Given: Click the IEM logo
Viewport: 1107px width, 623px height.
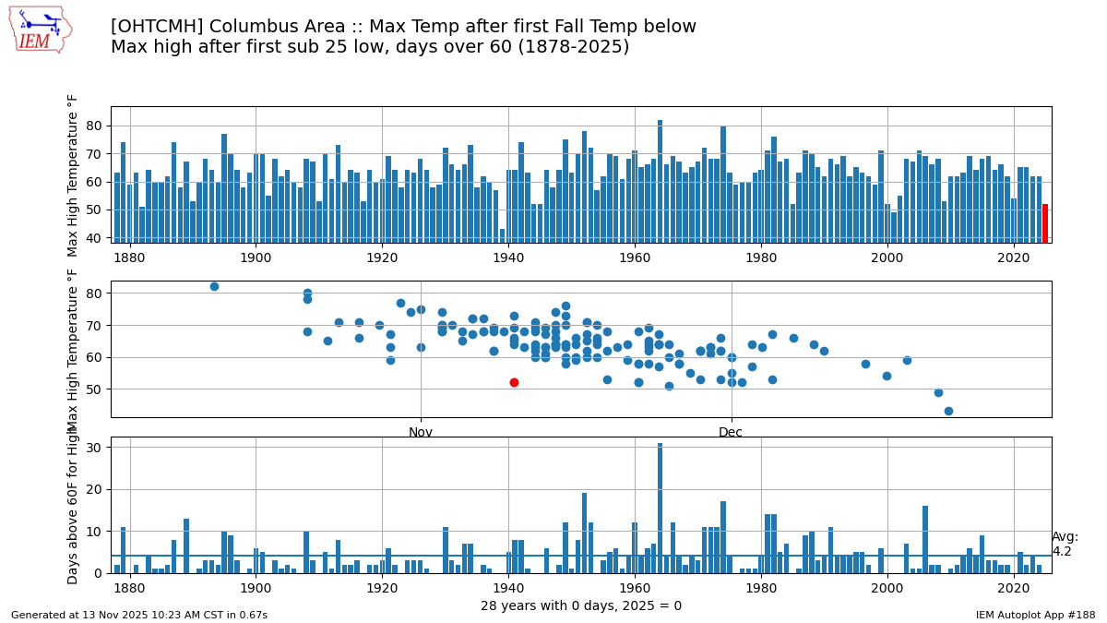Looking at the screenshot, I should coord(40,30).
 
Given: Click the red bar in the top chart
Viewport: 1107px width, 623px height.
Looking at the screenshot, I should coord(1045,223).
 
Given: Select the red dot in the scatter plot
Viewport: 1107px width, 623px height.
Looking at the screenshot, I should coord(514,382).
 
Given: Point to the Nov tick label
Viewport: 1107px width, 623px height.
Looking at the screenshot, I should coord(421,432).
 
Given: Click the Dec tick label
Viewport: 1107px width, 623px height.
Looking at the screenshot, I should coord(731,432).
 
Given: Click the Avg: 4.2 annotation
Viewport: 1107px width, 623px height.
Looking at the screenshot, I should coord(1065,545).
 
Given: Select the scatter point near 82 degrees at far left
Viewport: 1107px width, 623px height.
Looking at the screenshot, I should coord(214,286).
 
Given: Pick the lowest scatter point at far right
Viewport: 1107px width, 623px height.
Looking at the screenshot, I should coord(948,411).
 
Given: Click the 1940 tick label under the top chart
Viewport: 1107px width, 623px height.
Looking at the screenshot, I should coord(508,258).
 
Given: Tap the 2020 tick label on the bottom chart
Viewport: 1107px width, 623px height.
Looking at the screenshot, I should coord(1014,588).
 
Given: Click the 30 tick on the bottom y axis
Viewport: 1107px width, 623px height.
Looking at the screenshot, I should coord(95,448).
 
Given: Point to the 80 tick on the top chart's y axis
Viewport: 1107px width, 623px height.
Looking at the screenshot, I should coord(95,126).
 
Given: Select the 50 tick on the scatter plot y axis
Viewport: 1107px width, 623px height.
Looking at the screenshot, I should coord(95,389).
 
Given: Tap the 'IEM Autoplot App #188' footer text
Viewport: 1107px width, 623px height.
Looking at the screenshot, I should coord(1035,615).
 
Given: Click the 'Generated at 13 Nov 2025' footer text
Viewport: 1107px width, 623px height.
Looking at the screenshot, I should coord(138,615).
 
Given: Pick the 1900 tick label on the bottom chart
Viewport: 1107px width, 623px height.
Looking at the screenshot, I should coord(256,588).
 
